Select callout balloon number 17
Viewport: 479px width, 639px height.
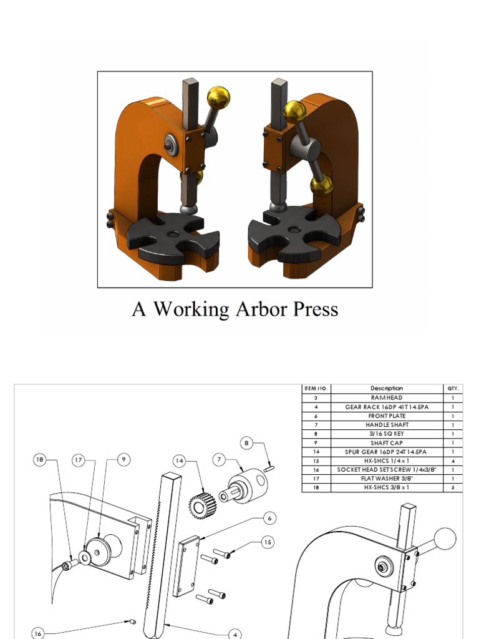[79, 460]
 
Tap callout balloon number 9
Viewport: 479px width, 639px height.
[123, 460]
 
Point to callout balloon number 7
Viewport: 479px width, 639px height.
[219, 460]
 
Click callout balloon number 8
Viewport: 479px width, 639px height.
[247, 444]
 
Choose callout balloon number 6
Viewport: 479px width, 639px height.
[270, 518]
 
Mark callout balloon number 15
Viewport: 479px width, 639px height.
[267, 542]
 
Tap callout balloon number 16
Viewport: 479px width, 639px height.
[38, 633]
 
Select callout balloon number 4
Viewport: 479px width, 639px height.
[235, 635]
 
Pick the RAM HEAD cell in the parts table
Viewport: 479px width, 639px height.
[387, 398]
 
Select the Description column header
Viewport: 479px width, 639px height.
[387, 388]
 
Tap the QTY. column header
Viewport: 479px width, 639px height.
[453, 388]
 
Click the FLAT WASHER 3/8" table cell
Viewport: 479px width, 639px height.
[387, 479]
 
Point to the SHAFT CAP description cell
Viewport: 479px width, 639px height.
[387, 442]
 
